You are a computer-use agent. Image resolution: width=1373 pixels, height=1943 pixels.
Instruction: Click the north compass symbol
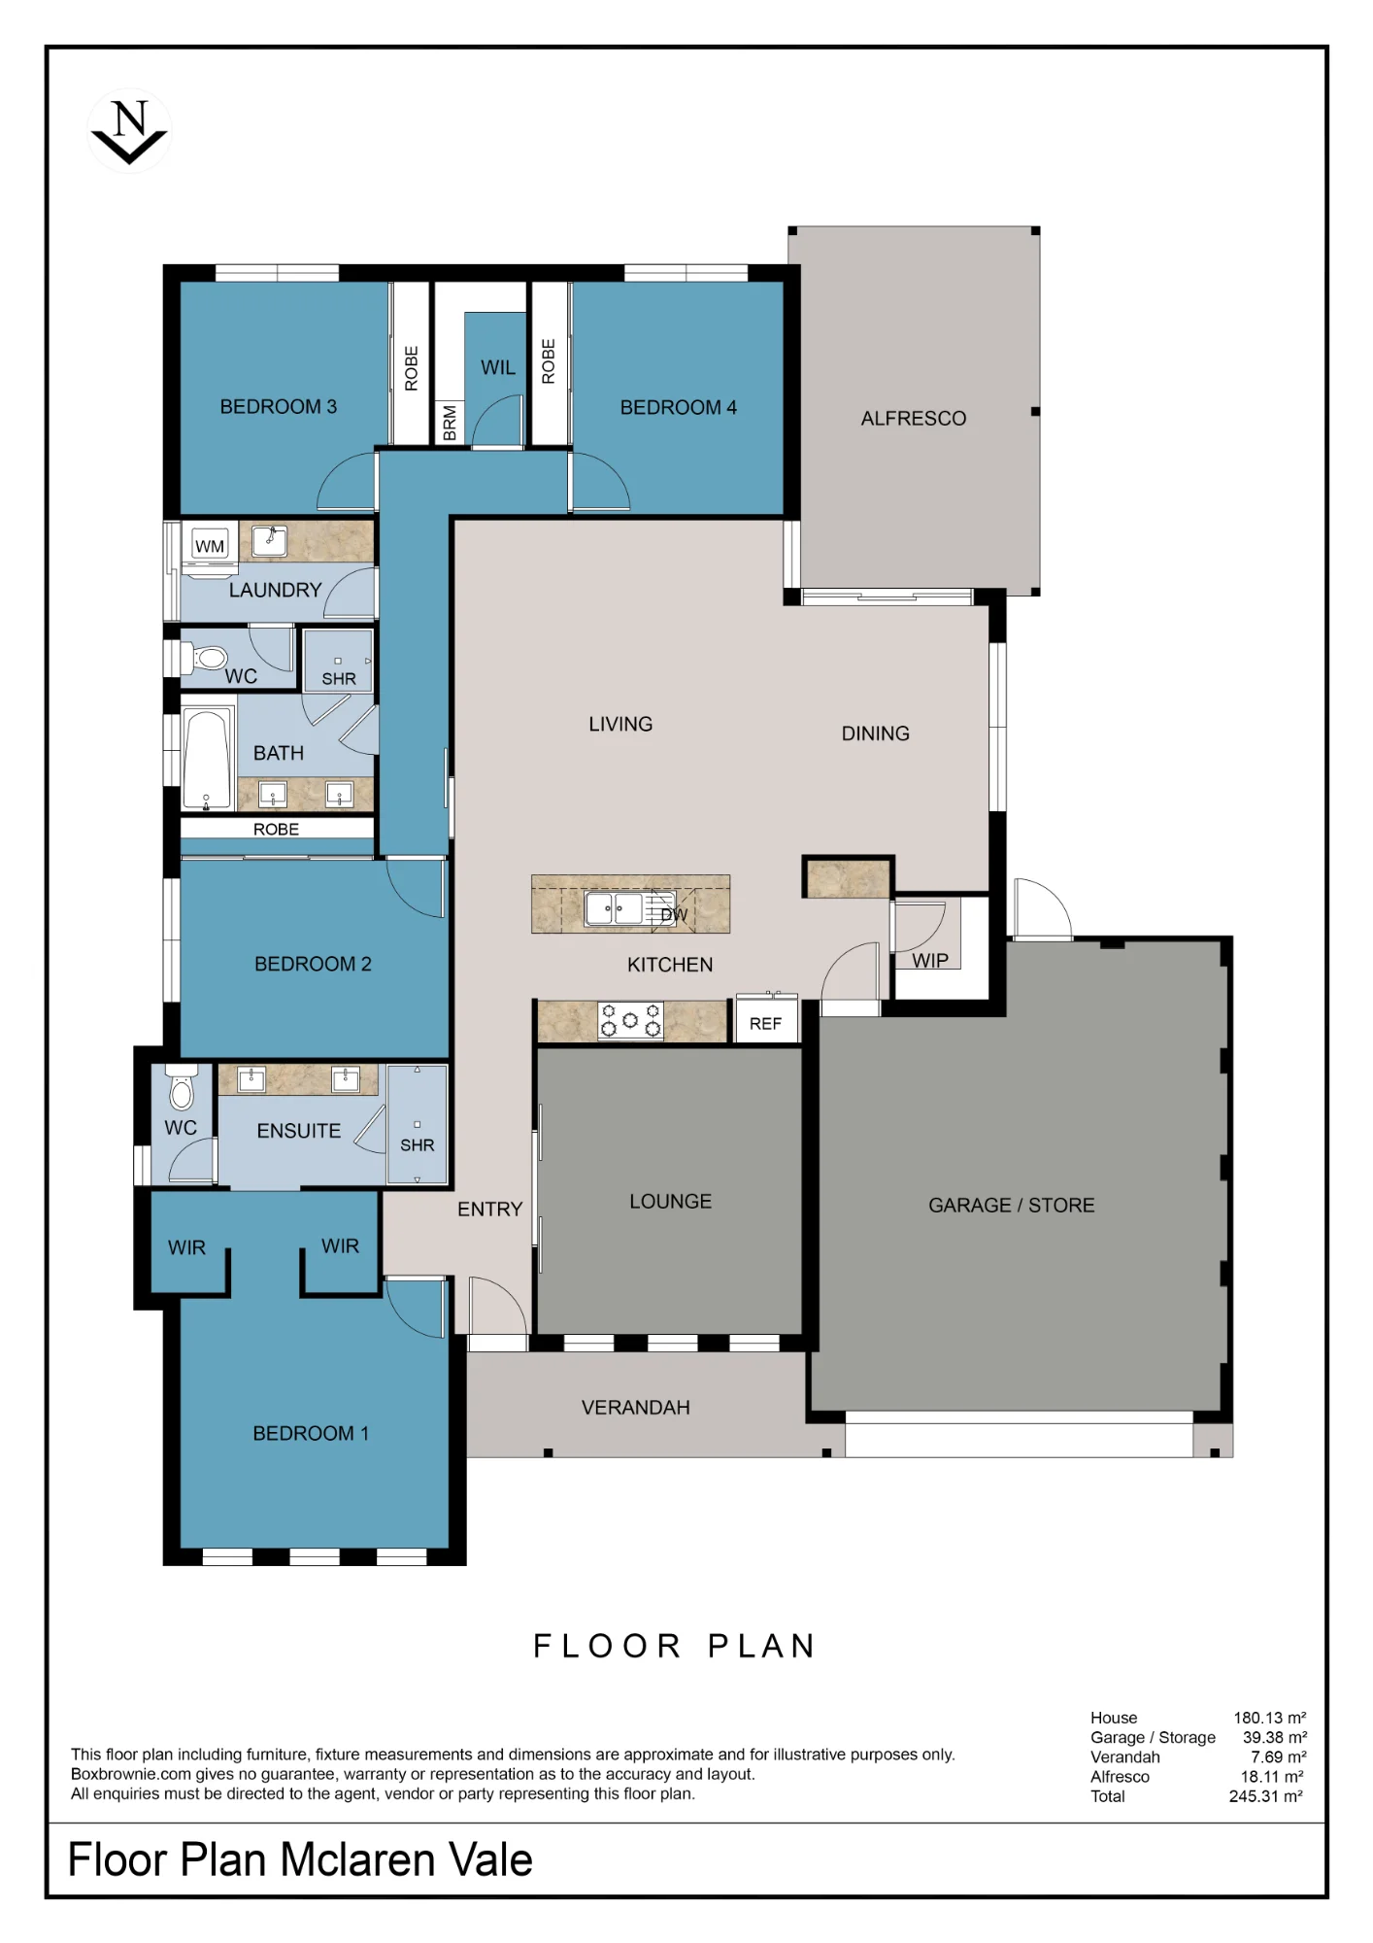129,131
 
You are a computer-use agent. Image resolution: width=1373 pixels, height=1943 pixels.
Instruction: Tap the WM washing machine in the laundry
210,546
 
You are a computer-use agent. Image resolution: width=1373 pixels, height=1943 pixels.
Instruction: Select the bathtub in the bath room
207,759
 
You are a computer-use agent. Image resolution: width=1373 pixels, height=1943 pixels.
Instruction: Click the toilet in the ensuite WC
182,1088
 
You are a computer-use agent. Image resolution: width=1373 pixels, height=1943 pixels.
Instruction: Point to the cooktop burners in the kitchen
630,1021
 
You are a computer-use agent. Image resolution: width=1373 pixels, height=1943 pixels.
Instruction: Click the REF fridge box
766,1020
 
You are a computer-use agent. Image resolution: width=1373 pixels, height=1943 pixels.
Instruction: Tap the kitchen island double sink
615,908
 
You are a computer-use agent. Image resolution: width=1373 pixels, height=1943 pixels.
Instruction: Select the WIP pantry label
930,961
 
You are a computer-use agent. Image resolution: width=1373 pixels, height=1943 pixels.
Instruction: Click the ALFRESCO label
914,419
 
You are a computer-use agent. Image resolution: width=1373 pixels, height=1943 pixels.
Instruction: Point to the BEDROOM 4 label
679,408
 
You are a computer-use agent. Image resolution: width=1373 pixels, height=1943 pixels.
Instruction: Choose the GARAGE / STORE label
1012,1206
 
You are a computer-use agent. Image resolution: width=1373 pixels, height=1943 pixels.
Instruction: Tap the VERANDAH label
636,1408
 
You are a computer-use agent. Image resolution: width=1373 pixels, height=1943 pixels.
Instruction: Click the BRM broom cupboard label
450,424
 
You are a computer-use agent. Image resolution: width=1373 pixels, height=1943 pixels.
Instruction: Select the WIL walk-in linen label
498,368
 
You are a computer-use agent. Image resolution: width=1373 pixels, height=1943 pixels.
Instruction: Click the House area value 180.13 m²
1270,1718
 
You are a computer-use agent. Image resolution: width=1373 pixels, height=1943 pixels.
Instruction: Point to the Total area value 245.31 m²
1266,1796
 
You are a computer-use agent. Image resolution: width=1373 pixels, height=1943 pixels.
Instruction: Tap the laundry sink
270,540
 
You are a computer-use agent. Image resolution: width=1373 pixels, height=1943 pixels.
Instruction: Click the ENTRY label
490,1210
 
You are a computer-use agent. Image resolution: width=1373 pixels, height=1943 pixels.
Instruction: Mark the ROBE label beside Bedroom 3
411,369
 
